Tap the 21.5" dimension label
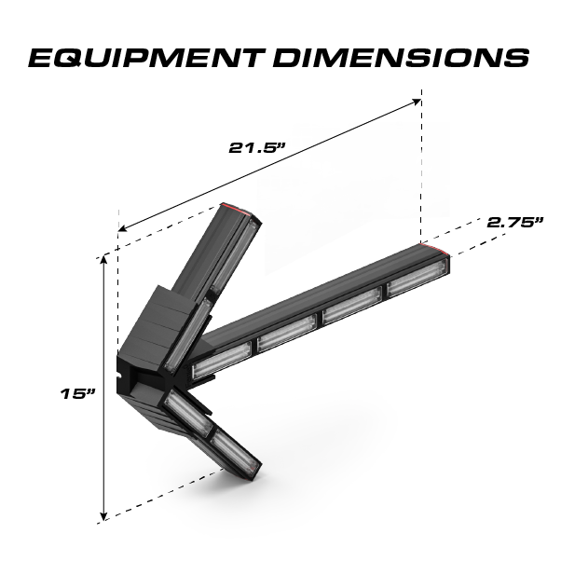[x=256, y=146]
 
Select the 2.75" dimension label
[x=514, y=223]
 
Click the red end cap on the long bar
[x=437, y=250]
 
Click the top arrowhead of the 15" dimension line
[x=103, y=262]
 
